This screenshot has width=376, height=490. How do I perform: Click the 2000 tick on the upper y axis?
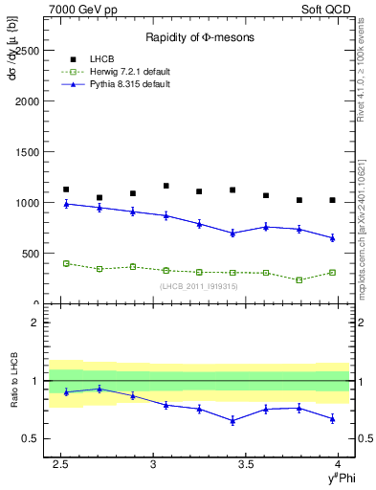(28, 100)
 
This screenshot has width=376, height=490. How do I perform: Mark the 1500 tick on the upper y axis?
(28, 152)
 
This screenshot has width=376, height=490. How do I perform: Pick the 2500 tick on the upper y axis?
(28, 50)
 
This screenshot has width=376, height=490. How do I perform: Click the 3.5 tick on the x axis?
(246, 464)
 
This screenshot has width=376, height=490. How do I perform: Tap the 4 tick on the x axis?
(339, 464)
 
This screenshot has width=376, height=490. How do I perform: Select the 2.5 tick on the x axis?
(60, 464)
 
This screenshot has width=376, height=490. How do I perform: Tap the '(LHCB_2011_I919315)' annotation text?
(198, 285)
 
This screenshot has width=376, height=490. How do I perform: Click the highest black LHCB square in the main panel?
(166, 186)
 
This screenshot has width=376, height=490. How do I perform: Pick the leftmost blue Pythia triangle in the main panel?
(66, 204)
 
